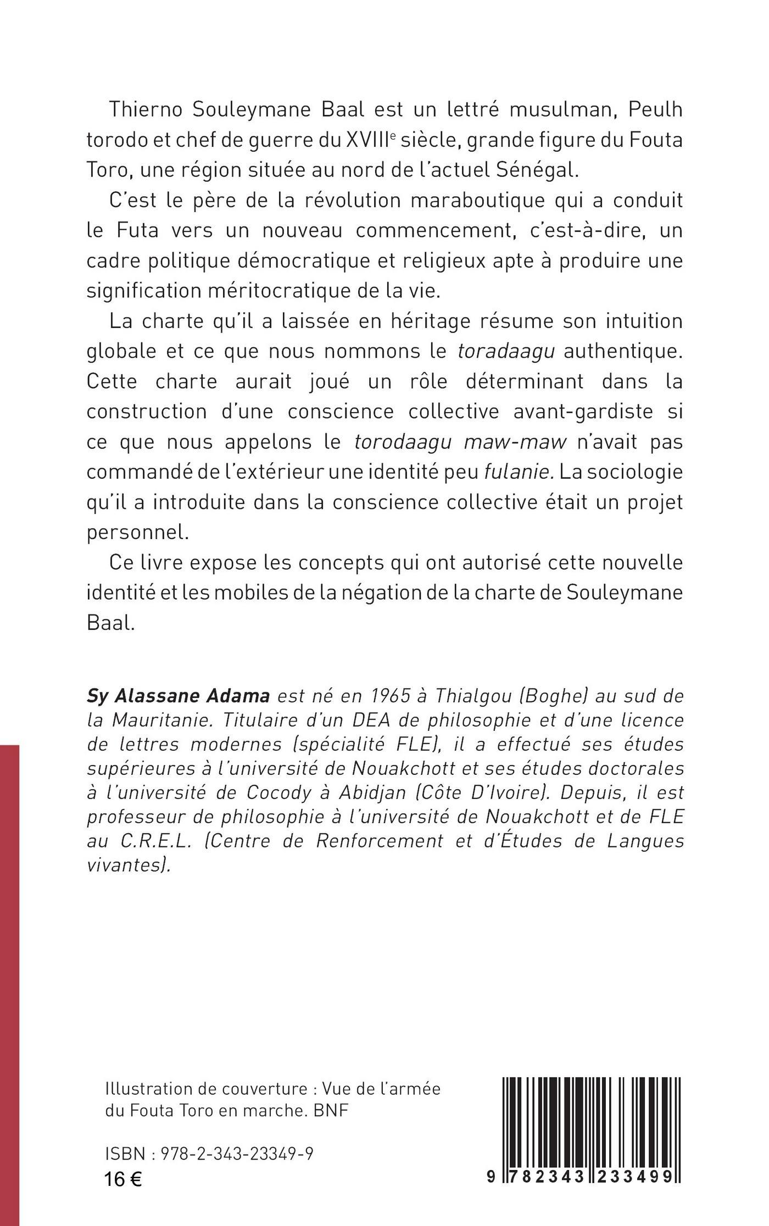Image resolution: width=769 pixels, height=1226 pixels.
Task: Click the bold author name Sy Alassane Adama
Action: pyautogui.click(x=179, y=696)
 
